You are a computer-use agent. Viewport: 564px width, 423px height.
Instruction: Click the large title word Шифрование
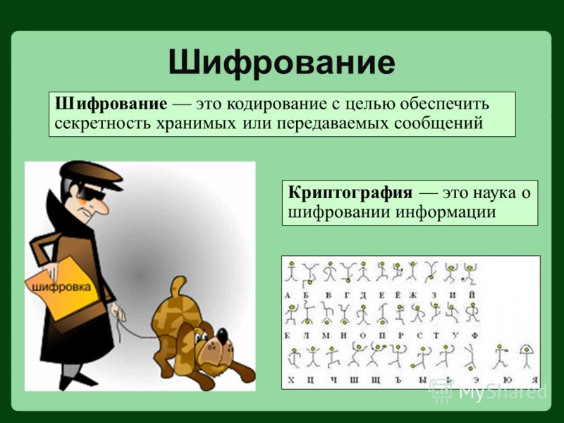281,63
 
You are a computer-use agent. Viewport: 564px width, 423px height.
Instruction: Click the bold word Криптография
350,192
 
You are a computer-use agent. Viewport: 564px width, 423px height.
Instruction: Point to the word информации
446,212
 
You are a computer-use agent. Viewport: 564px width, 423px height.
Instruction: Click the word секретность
104,123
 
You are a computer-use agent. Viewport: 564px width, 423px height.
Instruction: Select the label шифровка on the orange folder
61,287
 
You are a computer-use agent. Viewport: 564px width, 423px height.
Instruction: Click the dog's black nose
222,336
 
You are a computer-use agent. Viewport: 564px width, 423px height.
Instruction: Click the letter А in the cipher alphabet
288,295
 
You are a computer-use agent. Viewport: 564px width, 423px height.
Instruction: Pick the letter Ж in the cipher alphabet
412,295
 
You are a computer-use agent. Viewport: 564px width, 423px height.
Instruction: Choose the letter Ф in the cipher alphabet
474,336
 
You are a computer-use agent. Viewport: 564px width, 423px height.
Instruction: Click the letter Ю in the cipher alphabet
508,379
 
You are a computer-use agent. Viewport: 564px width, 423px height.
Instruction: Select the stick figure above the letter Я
527,356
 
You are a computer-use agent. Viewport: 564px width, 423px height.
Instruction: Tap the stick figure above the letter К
290,314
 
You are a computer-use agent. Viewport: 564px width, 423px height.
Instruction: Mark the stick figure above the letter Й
469,274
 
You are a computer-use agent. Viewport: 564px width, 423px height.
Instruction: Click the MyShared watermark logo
489,391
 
